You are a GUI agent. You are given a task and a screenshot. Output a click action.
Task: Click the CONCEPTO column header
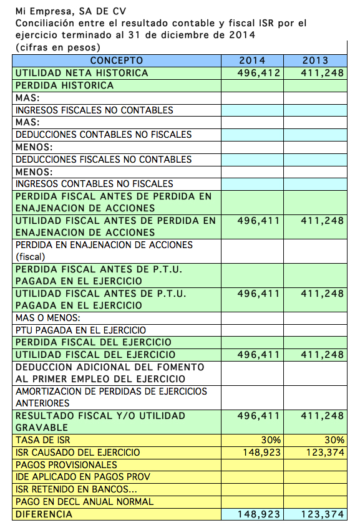point(117,60)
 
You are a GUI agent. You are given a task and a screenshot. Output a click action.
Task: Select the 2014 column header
point(252,60)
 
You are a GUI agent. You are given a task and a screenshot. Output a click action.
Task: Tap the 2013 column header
point(315,60)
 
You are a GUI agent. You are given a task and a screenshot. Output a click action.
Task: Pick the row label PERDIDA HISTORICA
point(65,85)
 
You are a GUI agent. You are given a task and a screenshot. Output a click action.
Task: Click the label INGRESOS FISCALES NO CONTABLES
point(94,110)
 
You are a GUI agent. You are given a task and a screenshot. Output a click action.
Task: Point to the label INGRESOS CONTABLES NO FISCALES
point(94,184)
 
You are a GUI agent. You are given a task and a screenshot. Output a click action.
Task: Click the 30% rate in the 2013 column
point(333,440)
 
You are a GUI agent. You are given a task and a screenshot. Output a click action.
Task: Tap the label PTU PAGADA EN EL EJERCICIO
point(80,330)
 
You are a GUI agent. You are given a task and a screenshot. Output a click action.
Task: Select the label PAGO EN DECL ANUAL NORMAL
point(84,502)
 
